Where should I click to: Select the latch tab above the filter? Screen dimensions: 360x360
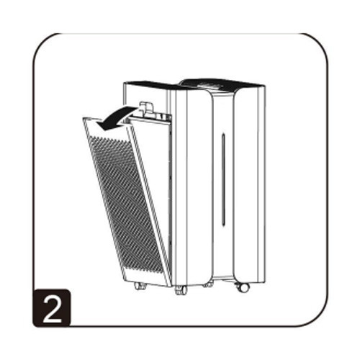(147, 110)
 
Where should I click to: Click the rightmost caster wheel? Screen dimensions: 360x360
(243, 287)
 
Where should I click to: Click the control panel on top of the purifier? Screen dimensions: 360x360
(209, 84)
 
